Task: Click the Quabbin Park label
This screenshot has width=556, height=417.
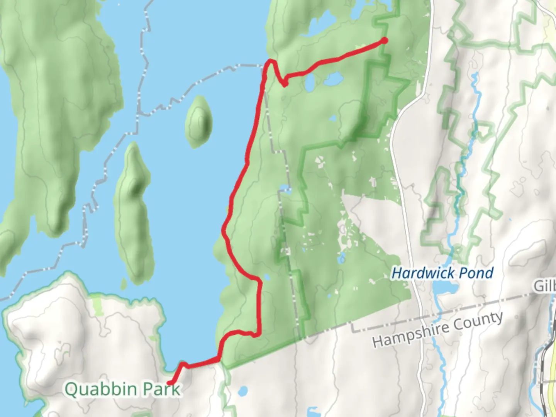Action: click(x=122, y=389)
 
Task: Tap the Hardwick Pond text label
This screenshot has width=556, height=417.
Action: click(x=442, y=273)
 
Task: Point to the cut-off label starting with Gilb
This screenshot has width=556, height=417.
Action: click(x=545, y=286)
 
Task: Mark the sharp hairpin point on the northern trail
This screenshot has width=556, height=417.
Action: click(x=285, y=84)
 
